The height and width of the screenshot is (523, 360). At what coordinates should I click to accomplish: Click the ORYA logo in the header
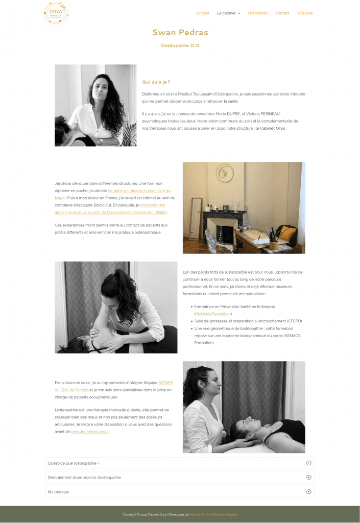[x=56, y=13]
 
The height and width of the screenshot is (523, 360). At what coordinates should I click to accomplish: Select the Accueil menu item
[x=202, y=13]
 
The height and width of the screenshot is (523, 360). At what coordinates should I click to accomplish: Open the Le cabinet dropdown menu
[x=228, y=13]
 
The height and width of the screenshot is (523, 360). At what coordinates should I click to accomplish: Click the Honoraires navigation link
[x=257, y=13]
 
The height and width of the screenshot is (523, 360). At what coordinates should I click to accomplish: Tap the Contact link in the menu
[x=282, y=13]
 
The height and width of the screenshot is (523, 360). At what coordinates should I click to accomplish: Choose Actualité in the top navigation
[x=305, y=13]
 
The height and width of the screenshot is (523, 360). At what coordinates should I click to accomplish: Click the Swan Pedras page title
[x=180, y=33]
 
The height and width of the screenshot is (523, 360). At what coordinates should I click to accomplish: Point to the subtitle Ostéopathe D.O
[x=180, y=45]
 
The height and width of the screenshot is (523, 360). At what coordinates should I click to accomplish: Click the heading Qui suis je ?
[x=156, y=82]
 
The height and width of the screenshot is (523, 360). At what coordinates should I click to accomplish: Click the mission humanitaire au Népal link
[x=139, y=191]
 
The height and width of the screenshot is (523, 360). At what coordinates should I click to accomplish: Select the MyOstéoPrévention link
[x=213, y=314]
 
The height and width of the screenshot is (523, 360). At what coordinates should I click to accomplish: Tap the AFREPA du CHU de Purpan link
[x=165, y=382]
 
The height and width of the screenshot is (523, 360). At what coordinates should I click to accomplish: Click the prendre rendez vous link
[x=90, y=432]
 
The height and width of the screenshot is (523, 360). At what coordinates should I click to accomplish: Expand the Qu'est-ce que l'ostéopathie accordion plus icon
[x=308, y=463]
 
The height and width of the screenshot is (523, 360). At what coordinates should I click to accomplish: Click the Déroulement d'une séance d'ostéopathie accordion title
[x=84, y=478]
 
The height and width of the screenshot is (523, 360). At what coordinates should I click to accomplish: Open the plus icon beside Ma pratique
[x=308, y=492]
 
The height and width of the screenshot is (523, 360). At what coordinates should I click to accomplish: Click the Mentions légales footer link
[x=225, y=514]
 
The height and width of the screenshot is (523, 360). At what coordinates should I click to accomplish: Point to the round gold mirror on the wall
[x=225, y=173]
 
